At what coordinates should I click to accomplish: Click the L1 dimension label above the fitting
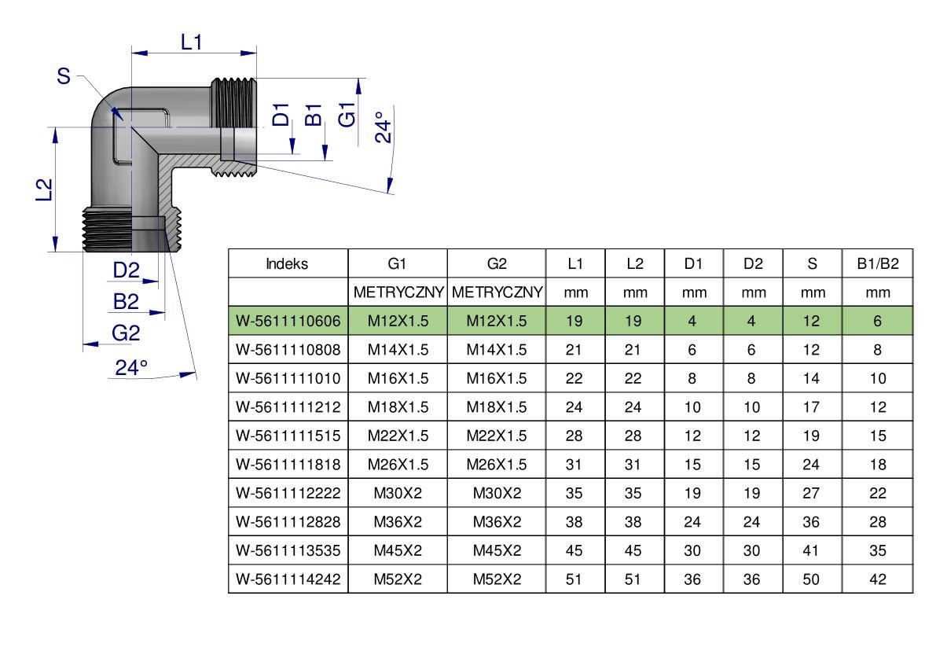pos(192,42)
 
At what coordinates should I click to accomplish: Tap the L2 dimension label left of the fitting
pos(45,189)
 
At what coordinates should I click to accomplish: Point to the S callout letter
pos(64,76)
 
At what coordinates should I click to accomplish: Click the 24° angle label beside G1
pos(384,127)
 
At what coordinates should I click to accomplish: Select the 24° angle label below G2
pos(131,367)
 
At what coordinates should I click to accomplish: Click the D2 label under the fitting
pos(126,270)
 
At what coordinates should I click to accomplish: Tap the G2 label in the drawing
pos(126,333)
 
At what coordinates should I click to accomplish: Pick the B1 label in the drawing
pos(314,115)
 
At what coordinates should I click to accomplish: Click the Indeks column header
pos(287,264)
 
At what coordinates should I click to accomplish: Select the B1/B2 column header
pos(878,264)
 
